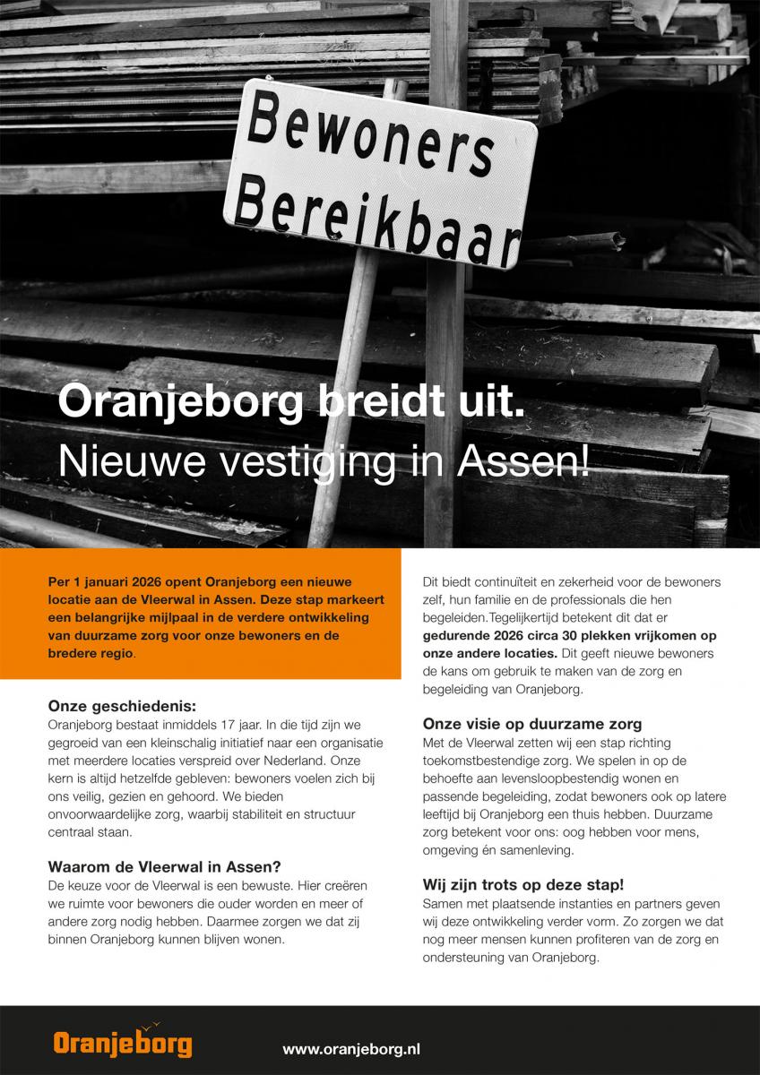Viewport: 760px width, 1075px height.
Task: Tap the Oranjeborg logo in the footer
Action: [122, 1044]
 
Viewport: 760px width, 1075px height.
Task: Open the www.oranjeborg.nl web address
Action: [351, 1047]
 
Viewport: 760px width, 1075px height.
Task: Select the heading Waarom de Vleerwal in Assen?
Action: [165, 866]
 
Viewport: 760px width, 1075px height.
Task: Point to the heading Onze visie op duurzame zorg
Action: [532, 724]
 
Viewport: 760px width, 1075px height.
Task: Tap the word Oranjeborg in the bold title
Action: [180, 401]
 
